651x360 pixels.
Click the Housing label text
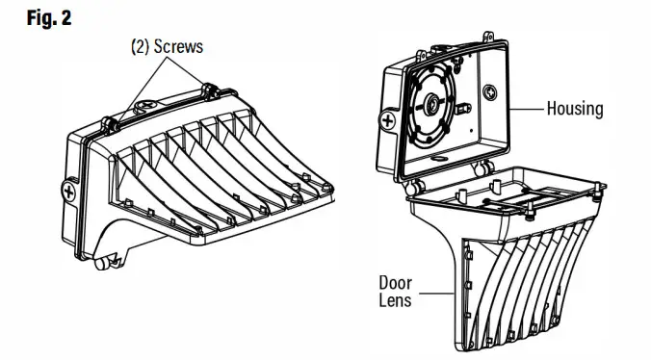(x=574, y=108)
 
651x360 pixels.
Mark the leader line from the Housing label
(x=527, y=108)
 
